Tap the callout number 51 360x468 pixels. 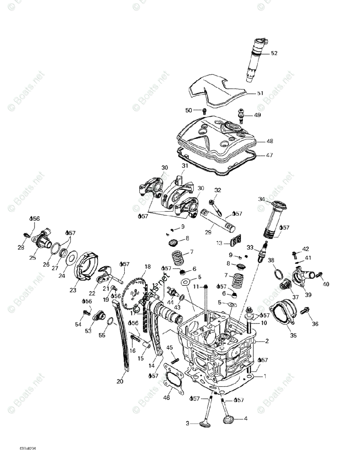click(260, 93)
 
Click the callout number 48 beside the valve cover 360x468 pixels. click(270, 141)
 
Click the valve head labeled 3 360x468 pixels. click(205, 424)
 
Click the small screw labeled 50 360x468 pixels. click(204, 111)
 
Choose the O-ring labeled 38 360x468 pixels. click(277, 274)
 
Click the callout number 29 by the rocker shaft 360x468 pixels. click(208, 232)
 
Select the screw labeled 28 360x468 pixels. click(27, 235)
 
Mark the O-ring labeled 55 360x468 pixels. click(111, 321)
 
